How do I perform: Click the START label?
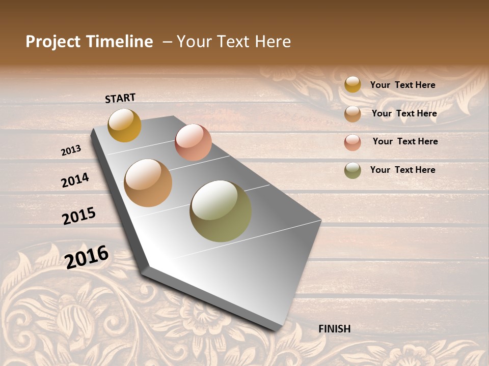coord(120,98)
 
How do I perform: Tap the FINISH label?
coord(334,329)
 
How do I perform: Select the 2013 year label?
coord(71,150)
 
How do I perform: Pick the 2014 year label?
coord(75,180)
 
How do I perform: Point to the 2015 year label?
coord(79,216)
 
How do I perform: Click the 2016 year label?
coord(87,257)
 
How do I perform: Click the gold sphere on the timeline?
coord(124,125)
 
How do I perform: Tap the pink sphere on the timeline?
coord(193,142)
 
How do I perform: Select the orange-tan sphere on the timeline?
coord(148,183)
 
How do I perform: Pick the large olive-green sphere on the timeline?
coord(221,211)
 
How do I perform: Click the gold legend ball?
coord(352,84)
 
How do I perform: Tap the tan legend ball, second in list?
coord(352,114)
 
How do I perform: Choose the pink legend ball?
coord(352,142)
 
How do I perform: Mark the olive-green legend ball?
coord(352,170)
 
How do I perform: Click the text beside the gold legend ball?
coord(402,85)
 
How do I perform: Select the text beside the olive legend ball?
coord(402,170)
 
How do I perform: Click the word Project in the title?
coord(53,42)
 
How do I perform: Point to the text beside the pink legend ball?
coord(405,141)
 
